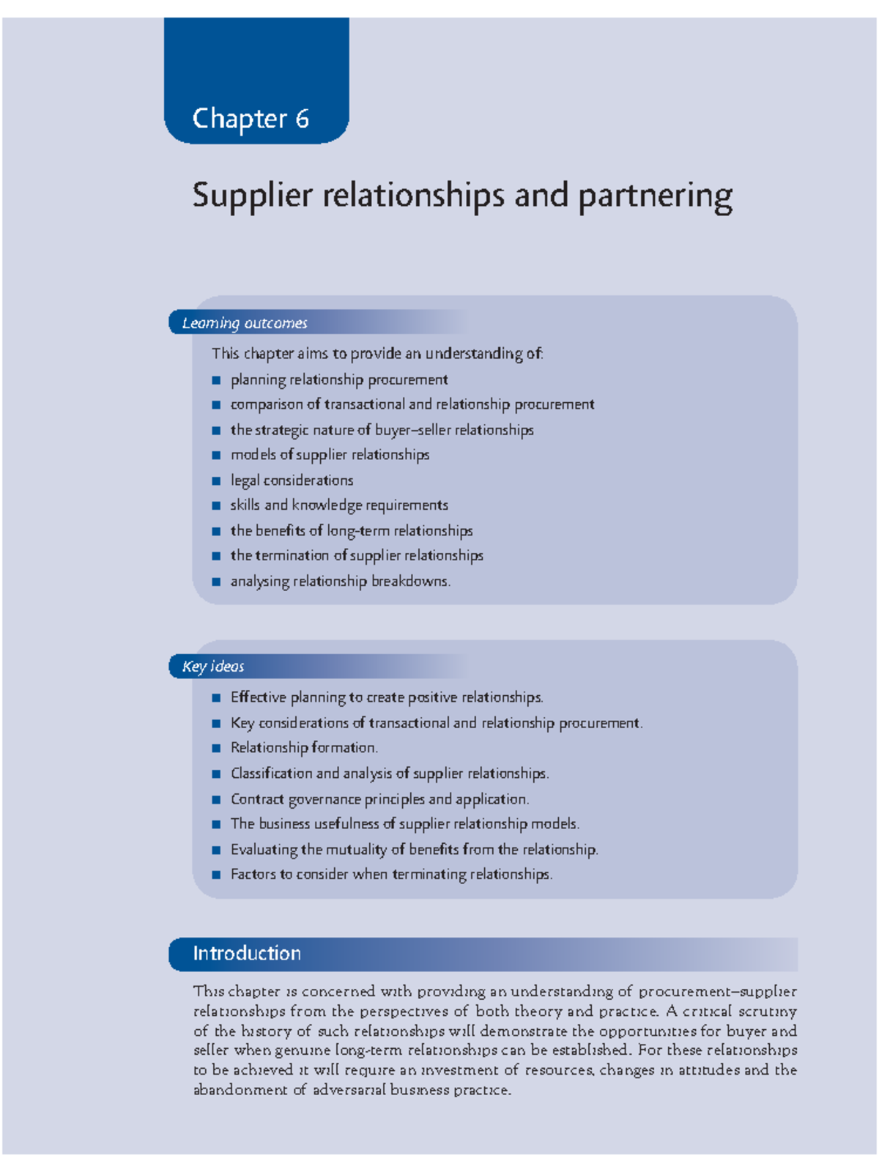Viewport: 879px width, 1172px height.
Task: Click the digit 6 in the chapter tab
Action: coord(302,119)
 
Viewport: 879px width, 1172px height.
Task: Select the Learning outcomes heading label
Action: coord(245,323)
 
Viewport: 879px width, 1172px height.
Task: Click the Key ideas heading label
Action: coord(213,666)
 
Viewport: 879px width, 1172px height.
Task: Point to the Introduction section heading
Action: coord(247,953)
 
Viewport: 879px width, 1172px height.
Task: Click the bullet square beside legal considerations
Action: coord(216,481)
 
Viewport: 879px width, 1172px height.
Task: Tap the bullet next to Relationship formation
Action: coord(216,749)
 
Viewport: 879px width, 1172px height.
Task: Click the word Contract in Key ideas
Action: coord(257,799)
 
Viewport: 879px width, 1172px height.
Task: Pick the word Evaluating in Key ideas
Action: coord(264,850)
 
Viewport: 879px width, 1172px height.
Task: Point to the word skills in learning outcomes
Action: coord(245,505)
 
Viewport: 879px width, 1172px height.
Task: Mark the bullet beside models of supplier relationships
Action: coord(216,456)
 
